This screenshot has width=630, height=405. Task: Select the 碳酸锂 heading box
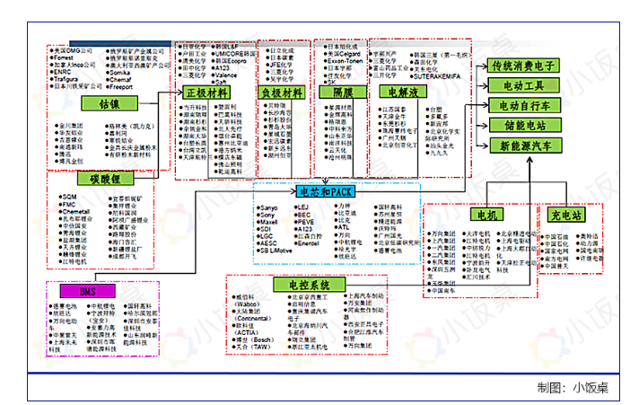pos(104,179)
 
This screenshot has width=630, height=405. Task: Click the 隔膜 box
pos(343,92)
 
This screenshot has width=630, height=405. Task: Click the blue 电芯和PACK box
pos(325,191)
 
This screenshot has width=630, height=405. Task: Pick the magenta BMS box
pos(87,293)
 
